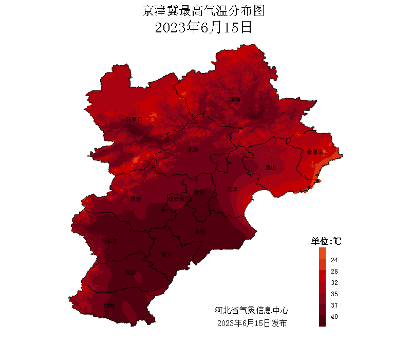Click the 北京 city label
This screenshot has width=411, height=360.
click(x=193, y=150)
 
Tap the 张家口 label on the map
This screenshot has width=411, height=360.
click(x=134, y=120)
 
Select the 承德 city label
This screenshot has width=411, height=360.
click(x=235, y=100)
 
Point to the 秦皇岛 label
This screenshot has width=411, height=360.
click(x=314, y=152)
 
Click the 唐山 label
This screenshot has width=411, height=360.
click(x=270, y=168)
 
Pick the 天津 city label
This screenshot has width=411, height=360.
click(x=232, y=190)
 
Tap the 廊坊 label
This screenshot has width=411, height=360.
click(x=199, y=193)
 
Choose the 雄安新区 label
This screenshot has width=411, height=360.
click(x=179, y=198)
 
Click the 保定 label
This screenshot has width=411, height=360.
click(x=136, y=199)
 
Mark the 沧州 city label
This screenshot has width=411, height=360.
click(x=200, y=232)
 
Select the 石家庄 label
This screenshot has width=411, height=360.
click(x=109, y=241)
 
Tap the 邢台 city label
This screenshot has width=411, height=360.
click(x=130, y=273)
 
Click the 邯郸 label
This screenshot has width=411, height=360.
click(x=109, y=306)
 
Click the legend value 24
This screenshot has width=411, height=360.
click(x=334, y=260)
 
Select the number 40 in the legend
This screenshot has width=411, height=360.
click(x=334, y=317)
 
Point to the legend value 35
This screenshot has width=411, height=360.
click(x=334, y=294)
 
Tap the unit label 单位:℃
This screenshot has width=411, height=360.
click(x=327, y=241)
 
